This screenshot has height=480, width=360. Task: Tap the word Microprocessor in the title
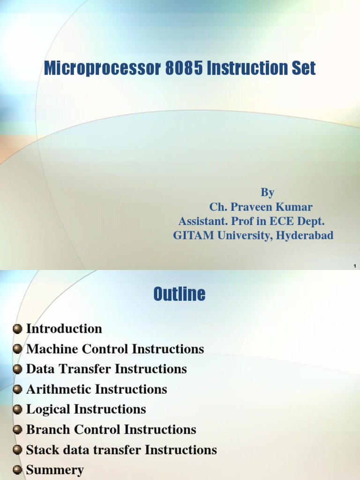tap(103, 69)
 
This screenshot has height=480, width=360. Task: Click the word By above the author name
tap(267, 192)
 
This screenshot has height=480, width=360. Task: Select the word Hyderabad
tap(305, 235)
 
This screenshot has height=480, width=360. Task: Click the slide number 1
tap(355, 266)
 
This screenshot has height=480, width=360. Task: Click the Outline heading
tap(180, 294)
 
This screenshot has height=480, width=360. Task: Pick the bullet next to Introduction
tap(18, 329)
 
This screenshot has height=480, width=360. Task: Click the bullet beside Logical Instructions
tap(18, 410)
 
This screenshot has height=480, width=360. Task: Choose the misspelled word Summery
tap(55, 470)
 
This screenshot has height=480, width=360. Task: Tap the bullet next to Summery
tap(18, 470)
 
